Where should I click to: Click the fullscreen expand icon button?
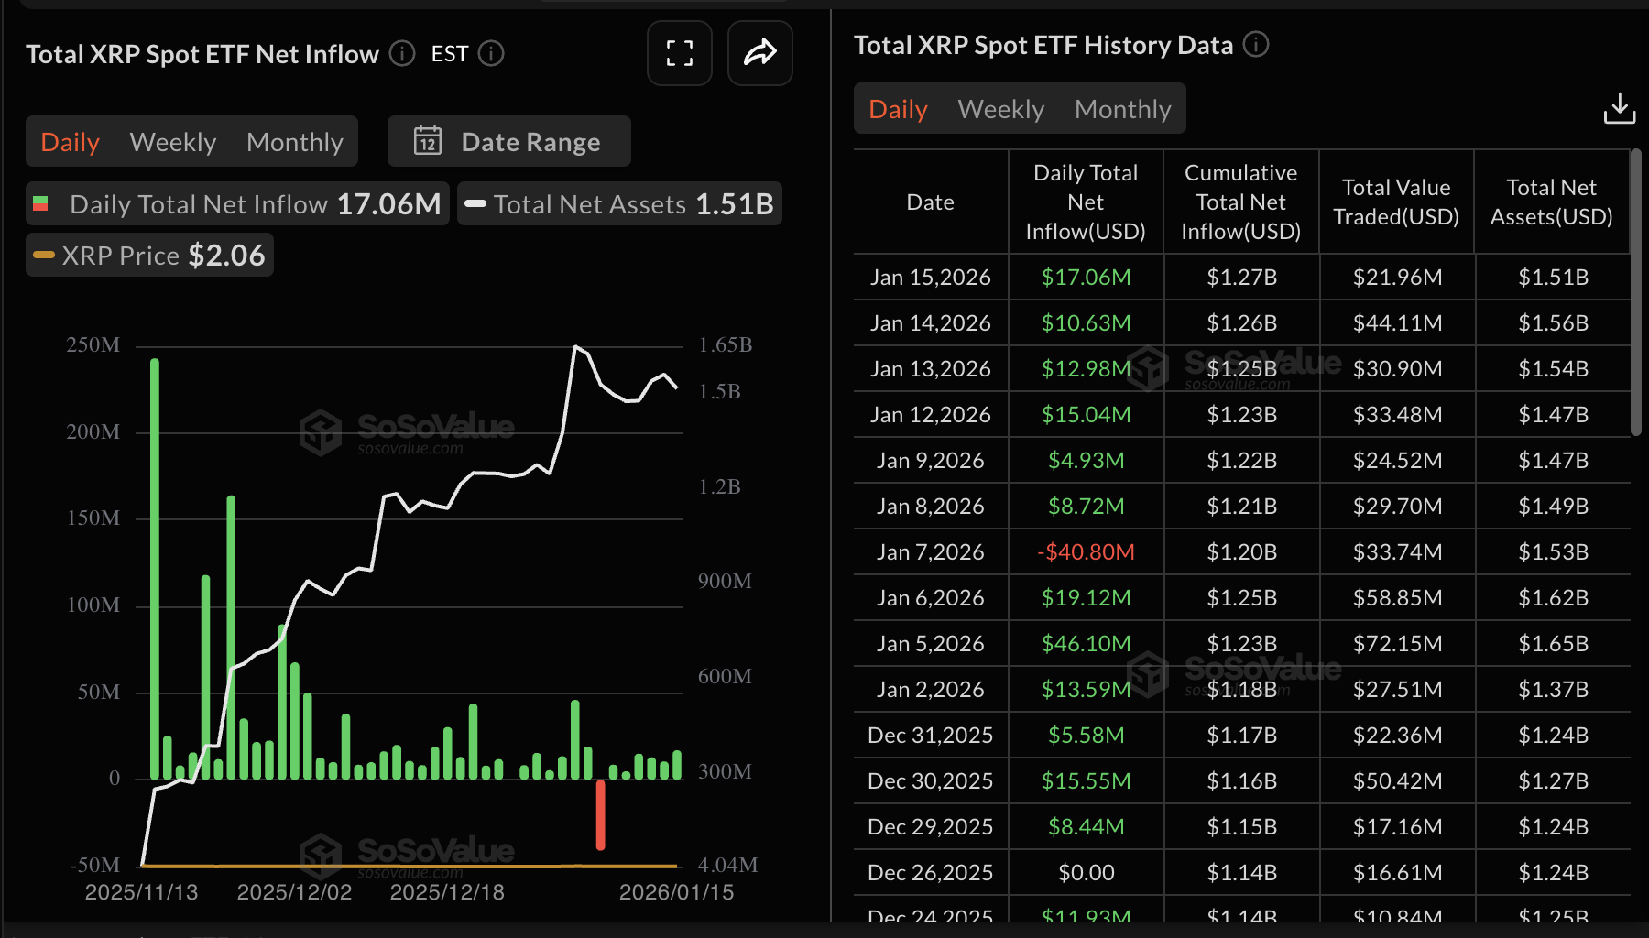[679, 53]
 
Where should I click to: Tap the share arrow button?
[759, 53]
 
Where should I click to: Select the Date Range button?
[509, 142]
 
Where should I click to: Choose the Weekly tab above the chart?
[173, 142]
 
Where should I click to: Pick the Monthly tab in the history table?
[1122, 109]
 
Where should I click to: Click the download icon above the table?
[1619, 108]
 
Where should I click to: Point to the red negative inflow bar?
[600, 814]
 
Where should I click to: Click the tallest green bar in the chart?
[155, 568]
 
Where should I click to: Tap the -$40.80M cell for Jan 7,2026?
[1086, 551]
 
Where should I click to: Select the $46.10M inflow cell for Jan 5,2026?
[1086, 643]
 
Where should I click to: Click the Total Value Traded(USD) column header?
[1396, 202]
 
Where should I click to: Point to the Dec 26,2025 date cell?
[930, 872]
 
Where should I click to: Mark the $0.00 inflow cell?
[1086, 872]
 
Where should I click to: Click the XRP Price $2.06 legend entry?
[150, 256]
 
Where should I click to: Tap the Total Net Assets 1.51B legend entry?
[620, 204]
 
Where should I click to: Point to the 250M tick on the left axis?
[93, 345]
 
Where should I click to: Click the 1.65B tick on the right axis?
[725, 345]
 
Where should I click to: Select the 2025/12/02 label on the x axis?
[294, 892]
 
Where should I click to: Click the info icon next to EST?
[491, 54]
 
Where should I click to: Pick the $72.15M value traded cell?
[1397, 643]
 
